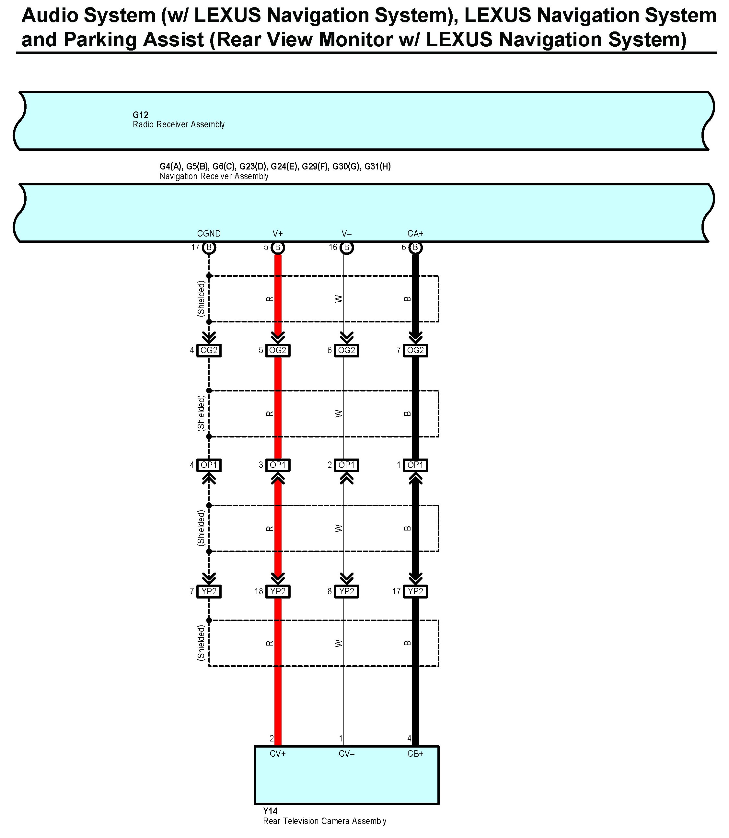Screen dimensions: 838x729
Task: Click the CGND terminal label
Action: pyautogui.click(x=209, y=234)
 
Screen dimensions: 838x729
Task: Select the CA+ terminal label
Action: pyautogui.click(x=415, y=234)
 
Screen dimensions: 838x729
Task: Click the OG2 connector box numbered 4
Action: pyautogui.click(x=209, y=350)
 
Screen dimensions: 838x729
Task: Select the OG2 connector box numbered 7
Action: pyautogui.click(x=415, y=350)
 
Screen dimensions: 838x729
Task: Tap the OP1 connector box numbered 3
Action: pyautogui.click(x=278, y=465)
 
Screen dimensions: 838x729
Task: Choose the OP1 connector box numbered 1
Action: pyautogui.click(x=415, y=465)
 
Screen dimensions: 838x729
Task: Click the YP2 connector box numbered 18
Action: pyautogui.click(x=278, y=591)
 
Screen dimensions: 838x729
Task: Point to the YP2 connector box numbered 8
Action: pyautogui.click(x=347, y=591)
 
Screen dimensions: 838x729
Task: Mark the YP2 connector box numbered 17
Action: pyautogui.click(x=415, y=591)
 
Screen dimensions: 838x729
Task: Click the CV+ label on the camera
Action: pyautogui.click(x=278, y=754)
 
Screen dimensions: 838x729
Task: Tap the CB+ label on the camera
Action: pyautogui.click(x=415, y=754)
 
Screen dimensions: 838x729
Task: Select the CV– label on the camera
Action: pyautogui.click(x=347, y=754)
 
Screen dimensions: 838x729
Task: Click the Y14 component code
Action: pyautogui.click(x=270, y=811)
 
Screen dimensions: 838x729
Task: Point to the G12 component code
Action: pyautogui.click(x=140, y=115)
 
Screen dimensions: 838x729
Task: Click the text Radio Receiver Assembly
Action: pyautogui.click(x=179, y=124)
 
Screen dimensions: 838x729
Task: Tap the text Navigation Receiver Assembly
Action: pyautogui.click(x=214, y=176)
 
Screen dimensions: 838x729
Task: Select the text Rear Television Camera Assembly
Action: pyautogui.click(x=324, y=821)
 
